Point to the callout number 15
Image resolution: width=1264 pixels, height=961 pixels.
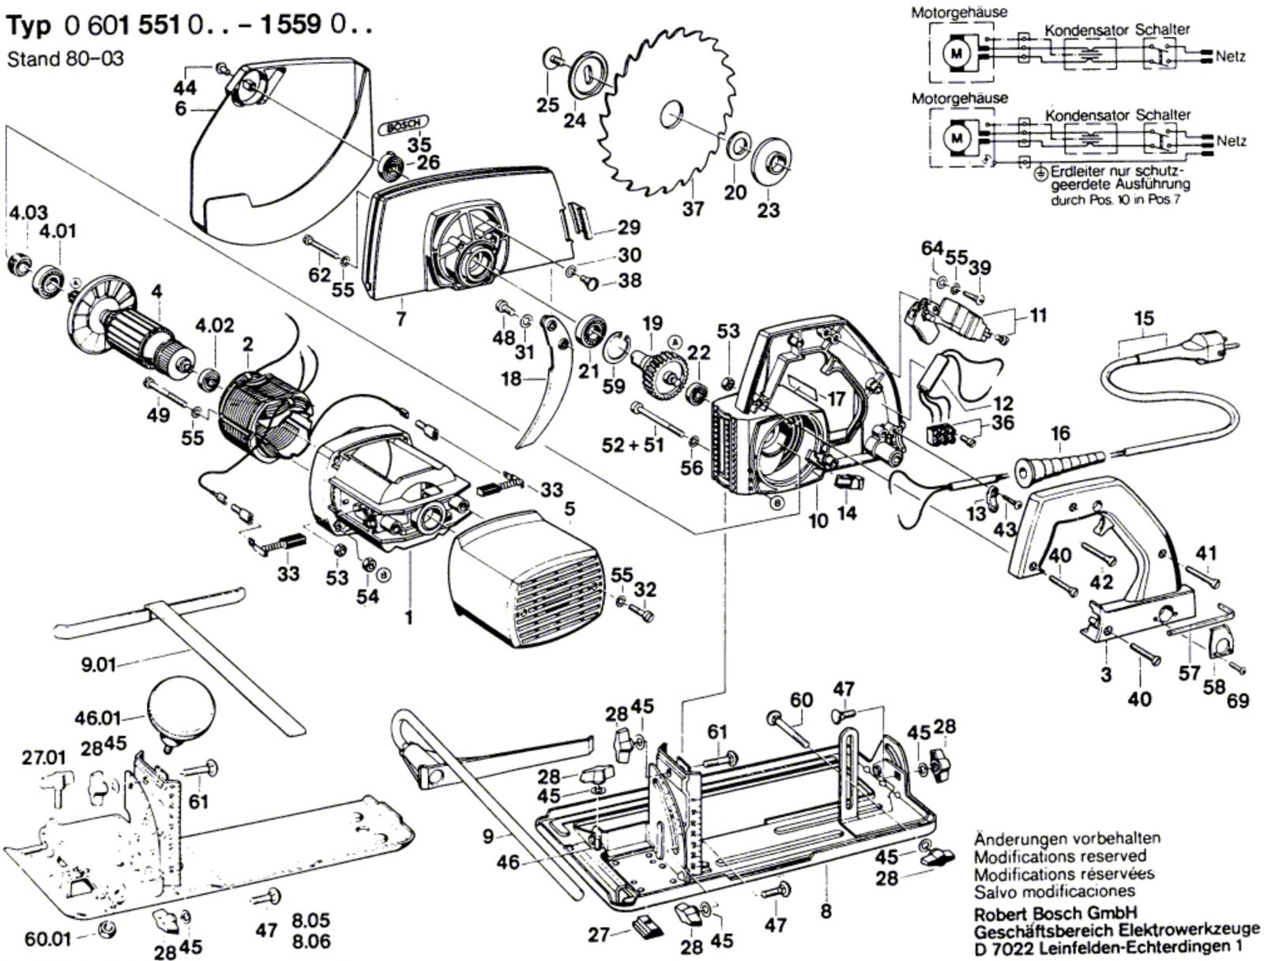click(x=1143, y=319)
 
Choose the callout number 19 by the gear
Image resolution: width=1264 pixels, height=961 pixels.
click(x=652, y=323)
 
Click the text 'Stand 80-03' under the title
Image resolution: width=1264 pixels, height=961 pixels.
click(x=65, y=59)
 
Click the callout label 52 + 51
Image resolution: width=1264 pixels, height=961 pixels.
click(x=633, y=445)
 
